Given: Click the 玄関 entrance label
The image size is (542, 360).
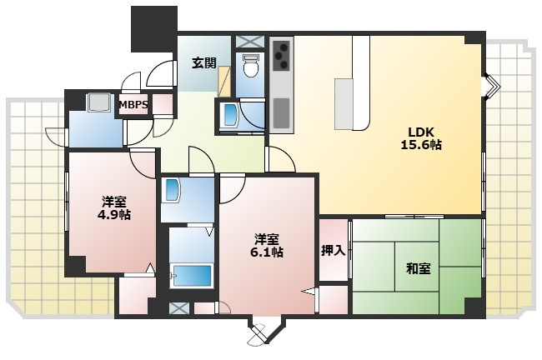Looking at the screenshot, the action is coord(204,62).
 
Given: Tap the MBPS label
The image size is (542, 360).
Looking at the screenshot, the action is coord(133,104).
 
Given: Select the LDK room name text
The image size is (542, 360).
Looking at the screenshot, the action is coord(420,132).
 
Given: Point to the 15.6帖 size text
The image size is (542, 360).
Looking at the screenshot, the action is coord(420,145).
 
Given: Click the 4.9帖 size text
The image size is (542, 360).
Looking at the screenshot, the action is coord(113,215).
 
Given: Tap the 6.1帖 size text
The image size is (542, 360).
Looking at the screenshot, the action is coord(267,252).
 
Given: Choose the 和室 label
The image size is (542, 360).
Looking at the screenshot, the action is coord(419,268).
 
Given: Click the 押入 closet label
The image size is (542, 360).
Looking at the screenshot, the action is coord(334,251).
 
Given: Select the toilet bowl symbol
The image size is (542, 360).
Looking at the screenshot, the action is coord(250,66).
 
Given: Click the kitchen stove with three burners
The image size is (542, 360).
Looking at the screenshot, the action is coord(282,54).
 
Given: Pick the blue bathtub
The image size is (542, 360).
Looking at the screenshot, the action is coord(192,275).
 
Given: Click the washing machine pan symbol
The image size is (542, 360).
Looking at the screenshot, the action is coord(99,102).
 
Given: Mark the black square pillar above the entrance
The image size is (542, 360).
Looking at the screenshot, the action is coord(153,29).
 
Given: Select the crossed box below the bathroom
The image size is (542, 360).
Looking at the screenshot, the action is coord(179,308).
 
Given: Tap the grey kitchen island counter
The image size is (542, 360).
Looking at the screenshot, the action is coord(344,103).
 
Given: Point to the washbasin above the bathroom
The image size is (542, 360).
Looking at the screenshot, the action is coord(173,190).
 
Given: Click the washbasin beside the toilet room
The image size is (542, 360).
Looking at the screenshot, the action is coord(229,115).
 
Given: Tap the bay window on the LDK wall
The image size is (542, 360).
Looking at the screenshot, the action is coord(492,85).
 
